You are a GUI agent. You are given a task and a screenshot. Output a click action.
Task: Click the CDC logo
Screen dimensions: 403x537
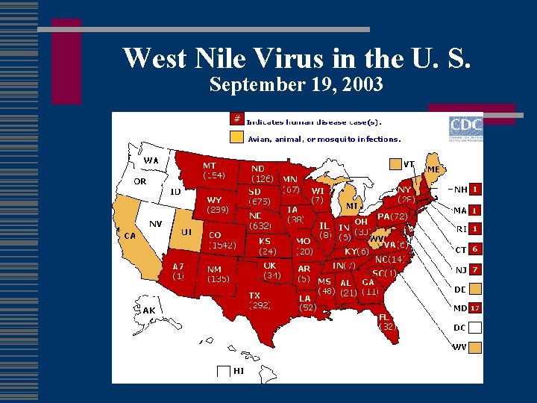(465, 126)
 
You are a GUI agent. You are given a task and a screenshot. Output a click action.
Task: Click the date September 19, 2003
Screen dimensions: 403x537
(296, 85)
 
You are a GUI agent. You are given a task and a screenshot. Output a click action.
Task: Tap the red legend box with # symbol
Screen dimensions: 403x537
(236, 119)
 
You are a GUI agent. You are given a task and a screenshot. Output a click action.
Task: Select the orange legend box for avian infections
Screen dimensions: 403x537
(236, 137)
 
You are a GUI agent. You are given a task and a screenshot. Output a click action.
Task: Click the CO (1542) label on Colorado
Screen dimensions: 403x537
(222, 240)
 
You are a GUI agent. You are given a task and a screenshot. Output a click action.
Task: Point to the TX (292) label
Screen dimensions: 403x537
(260, 300)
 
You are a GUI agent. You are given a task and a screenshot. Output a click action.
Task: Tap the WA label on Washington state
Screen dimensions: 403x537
(151, 160)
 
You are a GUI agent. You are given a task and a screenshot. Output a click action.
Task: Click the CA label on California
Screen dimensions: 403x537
(129, 235)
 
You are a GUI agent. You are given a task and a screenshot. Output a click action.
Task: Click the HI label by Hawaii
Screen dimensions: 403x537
(239, 370)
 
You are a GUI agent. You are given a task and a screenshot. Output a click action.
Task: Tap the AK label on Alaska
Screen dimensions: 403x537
(149, 310)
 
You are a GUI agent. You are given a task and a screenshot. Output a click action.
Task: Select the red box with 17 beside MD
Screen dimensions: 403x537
(474, 307)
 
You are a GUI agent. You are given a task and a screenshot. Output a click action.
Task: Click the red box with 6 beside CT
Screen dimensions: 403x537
(474, 249)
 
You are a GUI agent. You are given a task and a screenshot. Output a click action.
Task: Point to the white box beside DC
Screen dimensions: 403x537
(474, 327)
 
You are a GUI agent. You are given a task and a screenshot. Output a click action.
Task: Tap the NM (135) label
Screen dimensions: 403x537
(218, 274)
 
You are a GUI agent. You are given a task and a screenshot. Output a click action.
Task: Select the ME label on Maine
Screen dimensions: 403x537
(433, 170)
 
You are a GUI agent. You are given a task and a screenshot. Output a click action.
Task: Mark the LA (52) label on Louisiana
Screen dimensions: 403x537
(307, 302)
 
